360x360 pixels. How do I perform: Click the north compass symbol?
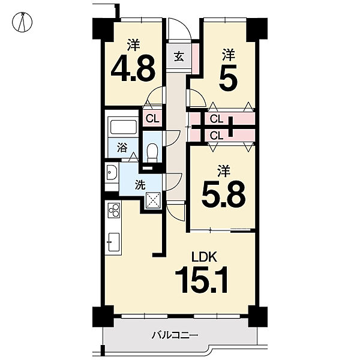click(x=22, y=22)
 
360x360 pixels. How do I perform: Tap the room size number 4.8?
click(x=133, y=68)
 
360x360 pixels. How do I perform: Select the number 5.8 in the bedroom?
click(x=224, y=194)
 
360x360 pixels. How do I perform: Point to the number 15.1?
click(x=202, y=280)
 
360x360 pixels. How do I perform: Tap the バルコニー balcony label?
click(x=175, y=335)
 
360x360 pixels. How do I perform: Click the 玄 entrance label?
click(x=179, y=57)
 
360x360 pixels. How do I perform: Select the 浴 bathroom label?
click(x=122, y=148)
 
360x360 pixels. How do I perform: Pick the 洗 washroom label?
click(x=140, y=185)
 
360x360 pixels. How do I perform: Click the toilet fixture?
click(x=152, y=152)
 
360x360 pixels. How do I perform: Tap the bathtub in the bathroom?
click(x=124, y=127)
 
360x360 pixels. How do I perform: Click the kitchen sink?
click(x=113, y=242)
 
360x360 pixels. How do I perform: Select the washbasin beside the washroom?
click(x=112, y=172)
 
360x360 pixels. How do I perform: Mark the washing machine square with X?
click(x=153, y=200)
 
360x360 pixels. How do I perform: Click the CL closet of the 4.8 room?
click(x=152, y=118)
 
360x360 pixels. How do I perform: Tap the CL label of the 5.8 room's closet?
click(x=216, y=136)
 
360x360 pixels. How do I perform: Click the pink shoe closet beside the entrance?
click(x=196, y=59)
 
